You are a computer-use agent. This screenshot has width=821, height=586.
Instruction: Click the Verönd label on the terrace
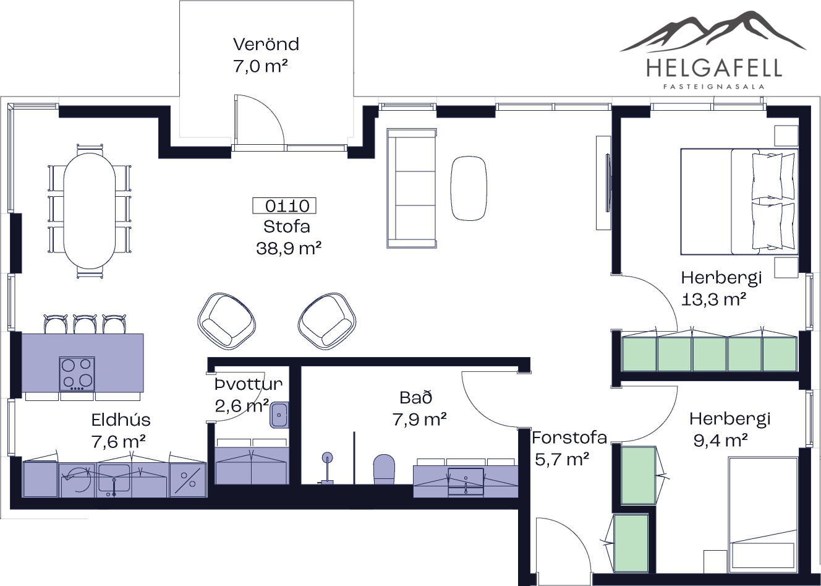coord(266,44)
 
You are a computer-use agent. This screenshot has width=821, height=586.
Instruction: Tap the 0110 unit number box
coord(284,205)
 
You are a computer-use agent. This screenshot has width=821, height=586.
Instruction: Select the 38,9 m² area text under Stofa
coord(289,248)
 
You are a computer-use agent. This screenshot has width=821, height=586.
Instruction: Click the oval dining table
coord(90,210)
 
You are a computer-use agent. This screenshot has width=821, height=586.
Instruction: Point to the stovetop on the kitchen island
coord(77,374)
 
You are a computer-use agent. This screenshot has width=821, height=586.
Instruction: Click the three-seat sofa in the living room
coord(412,188)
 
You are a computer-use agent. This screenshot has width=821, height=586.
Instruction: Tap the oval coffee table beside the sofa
coord(469,188)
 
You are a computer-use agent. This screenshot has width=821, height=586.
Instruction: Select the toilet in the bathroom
coord(384,469)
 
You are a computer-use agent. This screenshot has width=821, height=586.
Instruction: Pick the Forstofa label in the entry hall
coord(569,437)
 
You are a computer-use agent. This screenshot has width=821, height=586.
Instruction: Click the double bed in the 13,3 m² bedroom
coord(739,202)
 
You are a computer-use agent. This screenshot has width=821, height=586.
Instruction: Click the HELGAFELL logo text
coord(714,69)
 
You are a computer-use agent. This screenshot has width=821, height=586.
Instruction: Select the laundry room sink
coord(279,415)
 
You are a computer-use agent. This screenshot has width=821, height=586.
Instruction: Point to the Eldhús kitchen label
coord(121,420)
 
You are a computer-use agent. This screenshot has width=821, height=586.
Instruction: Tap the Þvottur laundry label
coord(249,384)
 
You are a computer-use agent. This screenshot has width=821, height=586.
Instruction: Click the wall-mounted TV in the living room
coord(608,183)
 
